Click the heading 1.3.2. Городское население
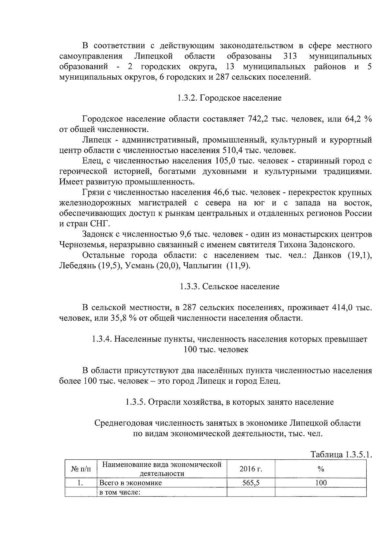pyautogui.click(x=229, y=98)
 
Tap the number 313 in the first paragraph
pyautogui.click(x=290, y=56)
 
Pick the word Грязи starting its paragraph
pyautogui.click(x=92, y=192)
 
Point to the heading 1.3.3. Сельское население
pyautogui.click(x=230, y=287)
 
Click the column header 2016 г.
pyautogui.click(x=251, y=469)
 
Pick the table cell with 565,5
pyautogui.click(x=251, y=483)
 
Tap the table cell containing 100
pyautogui.click(x=321, y=483)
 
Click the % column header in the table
pyautogui.click(x=321, y=469)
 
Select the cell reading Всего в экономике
pyautogui.click(x=131, y=483)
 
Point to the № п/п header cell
pyautogui.click(x=81, y=469)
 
